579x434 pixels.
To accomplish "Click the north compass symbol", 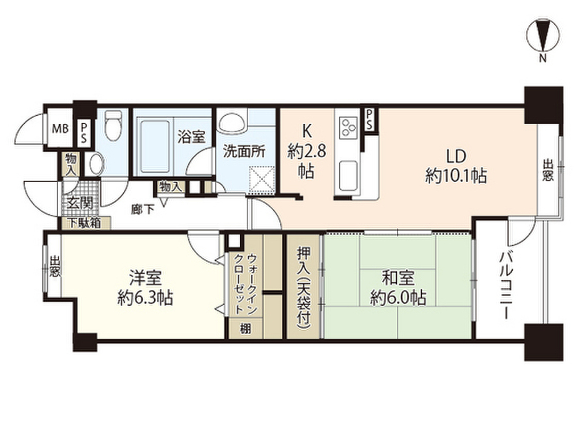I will tap(542, 34).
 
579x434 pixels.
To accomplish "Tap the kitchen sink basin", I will tap(347, 172).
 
